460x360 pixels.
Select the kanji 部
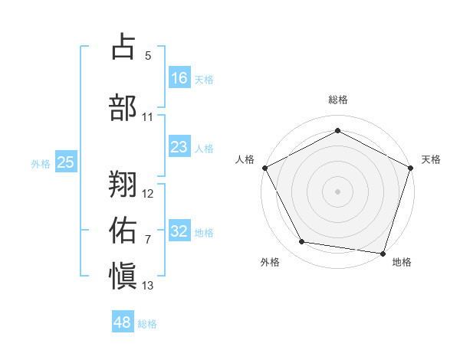click(x=124, y=107)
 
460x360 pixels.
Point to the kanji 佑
click(x=124, y=228)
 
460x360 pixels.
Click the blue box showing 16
click(x=179, y=78)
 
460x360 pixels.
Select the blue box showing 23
click(x=179, y=147)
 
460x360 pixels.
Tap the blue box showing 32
click(x=179, y=231)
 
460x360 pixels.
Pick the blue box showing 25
click(x=65, y=162)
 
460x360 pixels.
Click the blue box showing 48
click(x=123, y=322)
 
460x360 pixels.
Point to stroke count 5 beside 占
click(x=148, y=56)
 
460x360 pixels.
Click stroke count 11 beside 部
click(x=148, y=117)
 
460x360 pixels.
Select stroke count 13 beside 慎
click(x=148, y=286)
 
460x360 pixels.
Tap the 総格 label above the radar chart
click(x=337, y=100)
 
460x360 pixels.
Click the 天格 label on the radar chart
click(x=432, y=159)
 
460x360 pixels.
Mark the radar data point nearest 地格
click(x=383, y=253)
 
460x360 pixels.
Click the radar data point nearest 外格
click(x=302, y=242)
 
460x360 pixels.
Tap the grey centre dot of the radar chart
click(x=337, y=191)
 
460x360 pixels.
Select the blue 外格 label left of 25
click(x=41, y=163)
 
